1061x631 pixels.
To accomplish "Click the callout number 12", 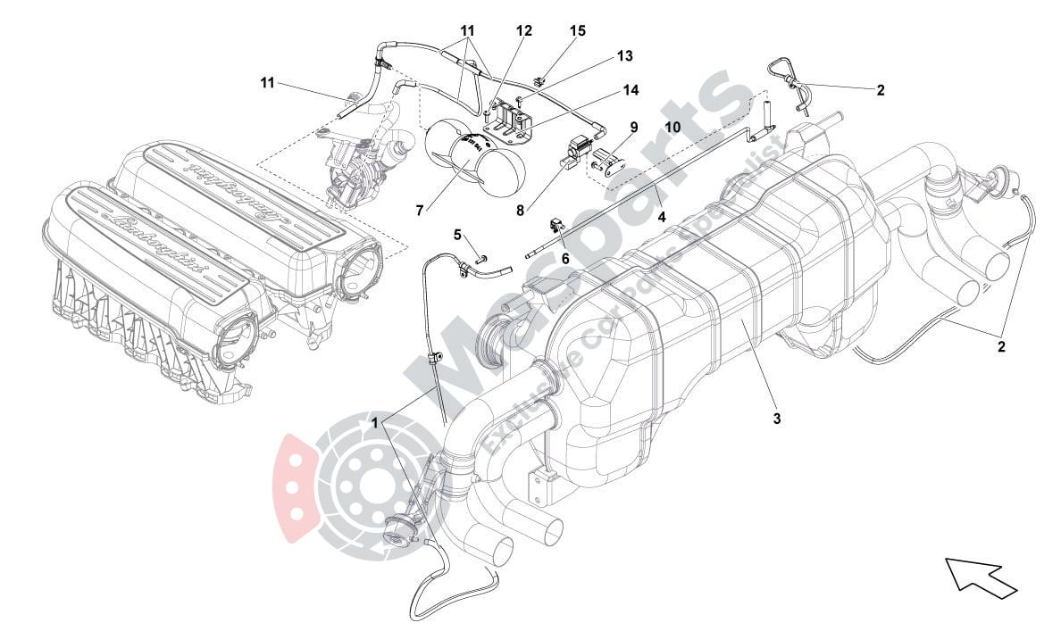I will coord(523,31).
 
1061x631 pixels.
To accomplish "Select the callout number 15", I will coord(578,31).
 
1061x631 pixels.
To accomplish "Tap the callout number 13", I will coord(624,56).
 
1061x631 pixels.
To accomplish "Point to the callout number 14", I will coord(631,90).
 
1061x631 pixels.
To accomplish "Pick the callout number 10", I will coord(672,128).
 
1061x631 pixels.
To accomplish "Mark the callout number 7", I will coord(420,211).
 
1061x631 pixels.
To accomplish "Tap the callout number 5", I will coord(457,236).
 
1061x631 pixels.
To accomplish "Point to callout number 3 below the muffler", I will coord(777,418).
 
